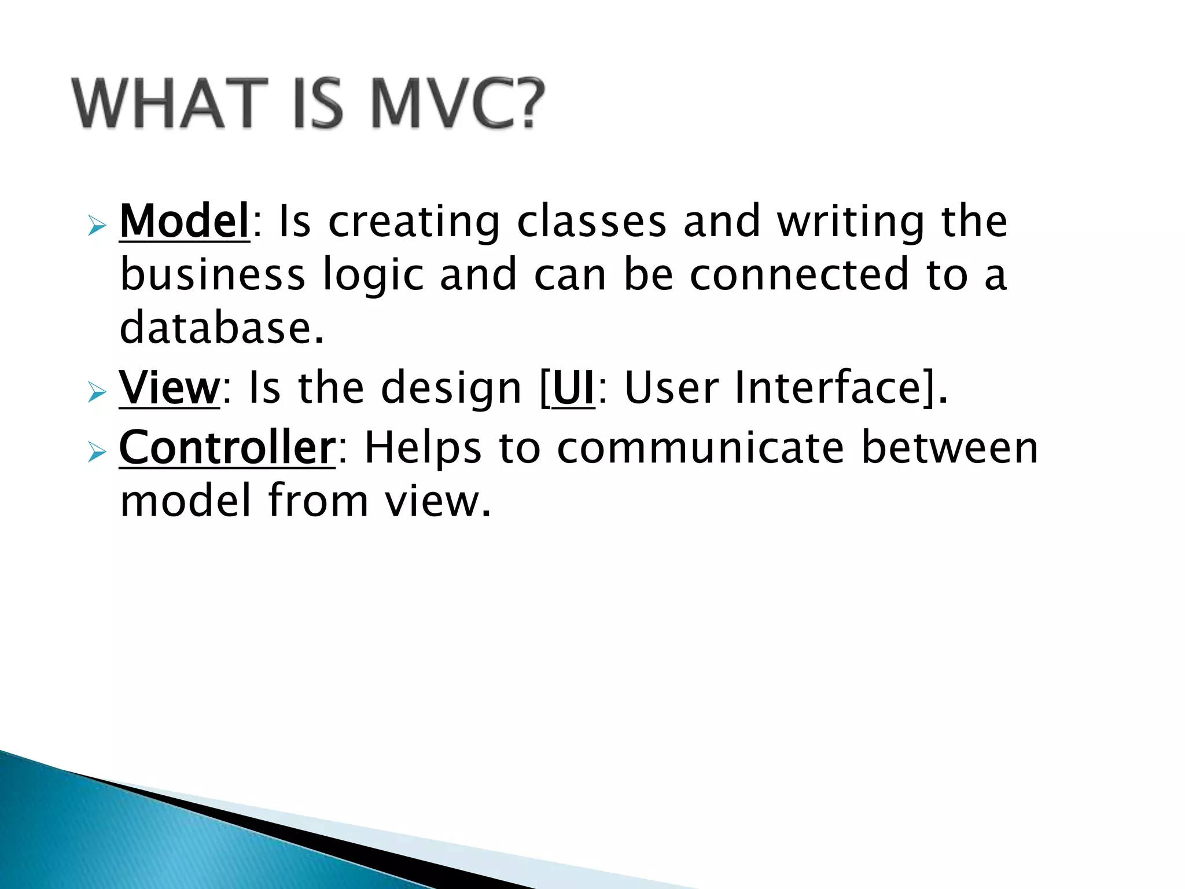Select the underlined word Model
pos(184,222)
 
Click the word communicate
pos(700,449)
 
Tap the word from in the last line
pos(318,501)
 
